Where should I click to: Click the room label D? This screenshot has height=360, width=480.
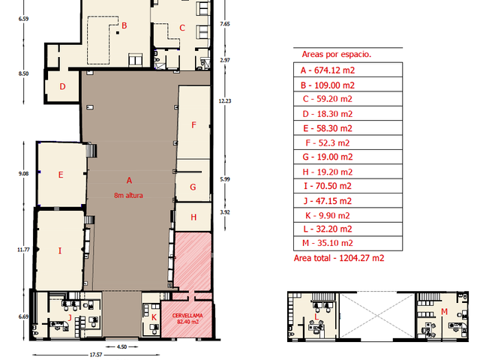pos(62,87)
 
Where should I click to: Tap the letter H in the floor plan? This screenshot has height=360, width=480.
pos(193,217)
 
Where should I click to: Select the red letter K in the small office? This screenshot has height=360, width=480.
pos(154,317)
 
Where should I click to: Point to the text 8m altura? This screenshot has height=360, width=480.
pos(128,195)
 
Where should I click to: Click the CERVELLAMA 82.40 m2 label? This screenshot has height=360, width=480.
pos(187,318)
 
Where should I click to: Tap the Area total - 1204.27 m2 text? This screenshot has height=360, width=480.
pos(339,258)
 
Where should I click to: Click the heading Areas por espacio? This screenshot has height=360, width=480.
pos(337,54)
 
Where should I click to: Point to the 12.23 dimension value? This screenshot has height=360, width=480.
pos(225,100)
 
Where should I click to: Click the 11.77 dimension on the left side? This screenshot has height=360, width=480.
pos(23,250)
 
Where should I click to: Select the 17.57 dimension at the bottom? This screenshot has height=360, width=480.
pos(96,355)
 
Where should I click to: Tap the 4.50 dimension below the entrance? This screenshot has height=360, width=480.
pos(121,346)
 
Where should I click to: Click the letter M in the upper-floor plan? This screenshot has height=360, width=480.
pos(444,312)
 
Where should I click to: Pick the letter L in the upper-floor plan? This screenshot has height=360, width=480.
pos(316,317)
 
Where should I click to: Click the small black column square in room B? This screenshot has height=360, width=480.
pos(118,33)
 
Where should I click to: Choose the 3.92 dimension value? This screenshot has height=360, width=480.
pos(225,212)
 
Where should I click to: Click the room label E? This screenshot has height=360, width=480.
pos(61,175)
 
